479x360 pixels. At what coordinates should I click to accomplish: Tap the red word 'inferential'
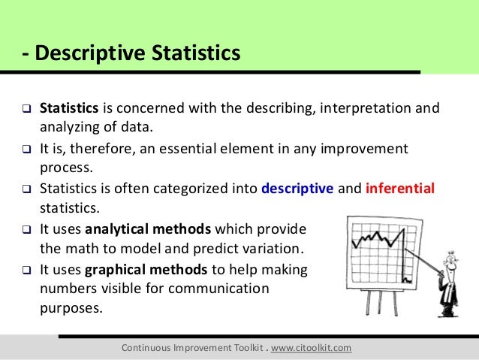(x=399, y=188)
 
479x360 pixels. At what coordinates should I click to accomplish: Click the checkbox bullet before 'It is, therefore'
(x=24, y=147)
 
